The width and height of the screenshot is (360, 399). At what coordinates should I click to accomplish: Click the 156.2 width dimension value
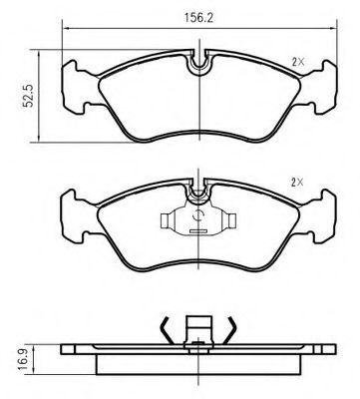point(199,18)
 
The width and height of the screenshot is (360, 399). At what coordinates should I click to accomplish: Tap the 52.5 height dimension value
point(29,96)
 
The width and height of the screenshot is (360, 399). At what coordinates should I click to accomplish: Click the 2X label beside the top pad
point(298,62)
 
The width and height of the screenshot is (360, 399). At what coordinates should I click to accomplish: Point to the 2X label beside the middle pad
point(297,182)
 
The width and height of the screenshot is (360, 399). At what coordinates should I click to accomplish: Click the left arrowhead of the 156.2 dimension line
point(66,29)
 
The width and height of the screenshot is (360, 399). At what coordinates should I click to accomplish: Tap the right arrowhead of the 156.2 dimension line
point(333,29)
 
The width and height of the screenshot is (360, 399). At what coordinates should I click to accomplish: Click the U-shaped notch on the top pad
point(198,64)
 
